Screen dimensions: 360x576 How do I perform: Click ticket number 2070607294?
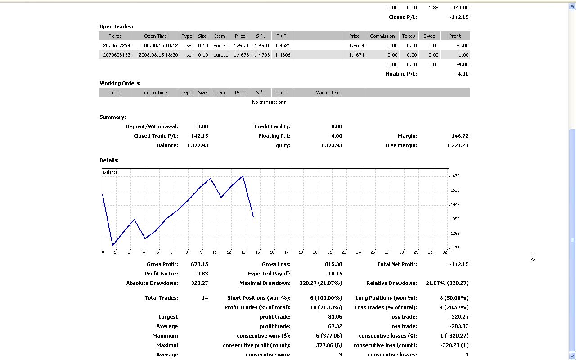(117, 45)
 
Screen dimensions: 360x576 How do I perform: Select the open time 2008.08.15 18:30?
(158, 55)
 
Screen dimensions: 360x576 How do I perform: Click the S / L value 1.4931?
(262, 45)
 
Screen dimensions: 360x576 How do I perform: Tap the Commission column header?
(382, 36)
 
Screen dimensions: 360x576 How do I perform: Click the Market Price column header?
(328, 93)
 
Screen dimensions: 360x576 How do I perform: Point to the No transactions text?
(269, 102)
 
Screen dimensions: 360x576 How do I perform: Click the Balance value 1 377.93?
(197, 145)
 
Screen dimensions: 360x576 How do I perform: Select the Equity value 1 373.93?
(331, 145)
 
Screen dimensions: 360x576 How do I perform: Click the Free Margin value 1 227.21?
(458, 145)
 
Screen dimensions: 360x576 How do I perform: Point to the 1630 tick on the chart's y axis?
(455, 176)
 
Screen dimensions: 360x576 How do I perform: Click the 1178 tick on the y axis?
(455, 248)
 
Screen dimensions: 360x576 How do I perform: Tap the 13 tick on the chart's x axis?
(243, 252)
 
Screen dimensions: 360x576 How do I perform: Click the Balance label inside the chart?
(110, 172)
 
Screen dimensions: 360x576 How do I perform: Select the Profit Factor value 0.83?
(202, 274)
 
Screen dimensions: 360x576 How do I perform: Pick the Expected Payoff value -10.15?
(333, 274)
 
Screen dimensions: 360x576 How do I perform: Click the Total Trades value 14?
(205, 298)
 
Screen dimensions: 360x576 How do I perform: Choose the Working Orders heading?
(120, 83)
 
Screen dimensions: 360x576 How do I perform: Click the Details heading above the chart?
(109, 160)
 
